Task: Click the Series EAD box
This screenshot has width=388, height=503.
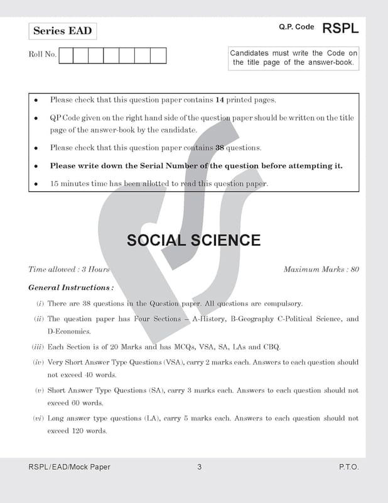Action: click(62, 31)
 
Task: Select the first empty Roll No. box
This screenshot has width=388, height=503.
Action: click(65, 55)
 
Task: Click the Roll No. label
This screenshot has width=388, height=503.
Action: click(42, 55)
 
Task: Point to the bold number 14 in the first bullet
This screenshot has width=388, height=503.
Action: click(220, 100)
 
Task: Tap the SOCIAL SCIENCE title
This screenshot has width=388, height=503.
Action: click(193, 240)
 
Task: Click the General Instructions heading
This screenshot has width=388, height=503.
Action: click(71, 287)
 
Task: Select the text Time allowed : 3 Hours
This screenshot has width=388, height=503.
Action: click(69, 270)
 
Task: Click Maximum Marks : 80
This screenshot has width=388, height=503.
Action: click(321, 270)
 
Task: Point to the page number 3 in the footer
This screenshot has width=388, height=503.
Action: click(199, 467)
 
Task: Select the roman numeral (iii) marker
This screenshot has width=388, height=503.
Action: click(37, 346)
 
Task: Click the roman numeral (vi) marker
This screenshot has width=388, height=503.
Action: click(38, 418)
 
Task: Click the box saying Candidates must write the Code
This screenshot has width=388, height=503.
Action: click(294, 58)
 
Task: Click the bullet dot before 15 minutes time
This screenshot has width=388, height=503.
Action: click(36, 184)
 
